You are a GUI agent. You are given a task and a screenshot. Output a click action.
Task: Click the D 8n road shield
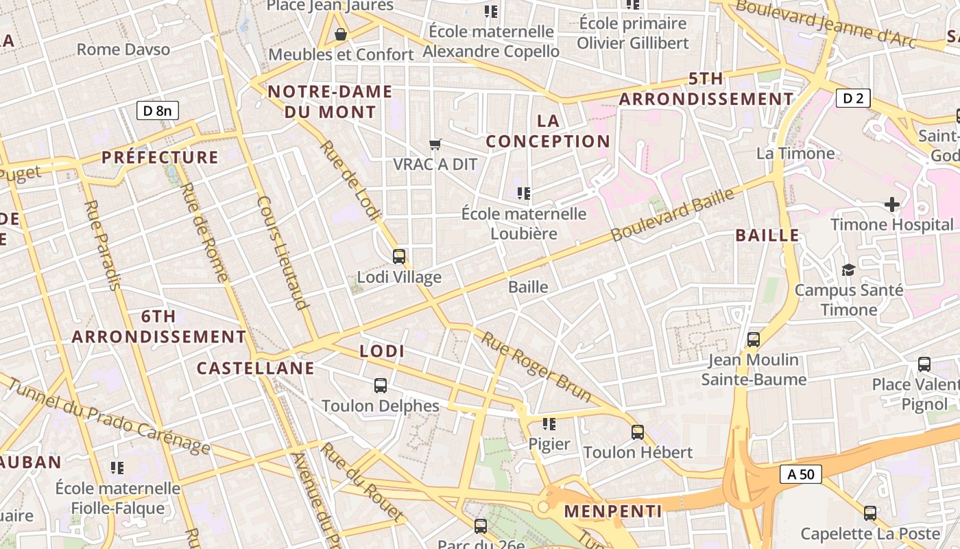[x=158, y=110]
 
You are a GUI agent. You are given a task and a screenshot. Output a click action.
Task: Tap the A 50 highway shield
[x=801, y=474]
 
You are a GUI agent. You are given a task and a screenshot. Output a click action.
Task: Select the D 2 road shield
[x=853, y=98]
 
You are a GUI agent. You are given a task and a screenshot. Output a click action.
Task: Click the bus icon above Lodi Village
[x=399, y=257]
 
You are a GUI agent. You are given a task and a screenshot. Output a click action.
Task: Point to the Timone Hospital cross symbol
[x=891, y=204]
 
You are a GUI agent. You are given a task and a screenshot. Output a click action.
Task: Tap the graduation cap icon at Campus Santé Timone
[x=848, y=270]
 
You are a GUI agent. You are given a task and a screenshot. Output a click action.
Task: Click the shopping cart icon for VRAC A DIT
[x=435, y=144]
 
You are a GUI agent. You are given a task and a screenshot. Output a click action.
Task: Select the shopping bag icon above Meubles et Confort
[x=341, y=34]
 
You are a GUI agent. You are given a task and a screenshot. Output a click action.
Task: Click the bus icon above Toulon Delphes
[x=381, y=386]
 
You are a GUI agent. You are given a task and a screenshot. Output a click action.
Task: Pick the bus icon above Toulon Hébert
[x=638, y=432]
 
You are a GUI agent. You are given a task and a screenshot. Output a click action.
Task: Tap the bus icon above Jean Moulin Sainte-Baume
[x=754, y=339]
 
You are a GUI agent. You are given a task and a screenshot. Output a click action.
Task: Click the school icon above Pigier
[x=549, y=424]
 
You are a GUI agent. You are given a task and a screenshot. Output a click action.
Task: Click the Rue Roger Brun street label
[x=536, y=366]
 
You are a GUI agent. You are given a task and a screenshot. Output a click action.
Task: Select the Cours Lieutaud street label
[x=280, y=253]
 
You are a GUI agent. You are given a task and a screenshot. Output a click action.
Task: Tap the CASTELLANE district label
[x=256, y=369]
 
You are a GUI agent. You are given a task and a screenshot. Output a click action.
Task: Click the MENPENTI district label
[x=613, y=511]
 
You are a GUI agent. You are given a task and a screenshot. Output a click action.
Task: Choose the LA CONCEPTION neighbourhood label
[x=548, y=131]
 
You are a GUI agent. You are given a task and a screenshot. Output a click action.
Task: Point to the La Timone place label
[x=795, y=153]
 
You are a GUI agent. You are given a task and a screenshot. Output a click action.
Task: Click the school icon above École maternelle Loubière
[x=525, y=194]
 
